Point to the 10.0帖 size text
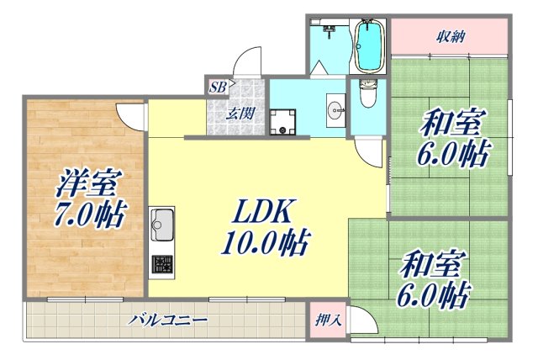pos(262,243)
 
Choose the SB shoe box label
pos(217,86)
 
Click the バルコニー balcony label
pos(168,320)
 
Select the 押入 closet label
pos(328,320)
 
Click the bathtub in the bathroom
pos(369,46)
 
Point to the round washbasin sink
pos(335,108)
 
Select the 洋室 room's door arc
pos(130,114)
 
